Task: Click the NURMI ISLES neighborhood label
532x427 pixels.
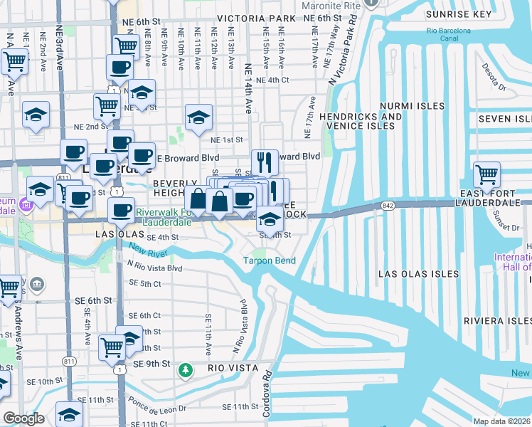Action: (412, 106)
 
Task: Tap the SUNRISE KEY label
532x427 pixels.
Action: (458, 14)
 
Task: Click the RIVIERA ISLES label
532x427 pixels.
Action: (497, 321)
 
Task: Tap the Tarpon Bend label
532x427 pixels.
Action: (270, 260)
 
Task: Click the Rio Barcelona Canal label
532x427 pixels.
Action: (449, 36)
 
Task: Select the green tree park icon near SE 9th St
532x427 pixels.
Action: (186, 369)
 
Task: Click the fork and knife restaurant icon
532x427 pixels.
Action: (265, 162)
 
